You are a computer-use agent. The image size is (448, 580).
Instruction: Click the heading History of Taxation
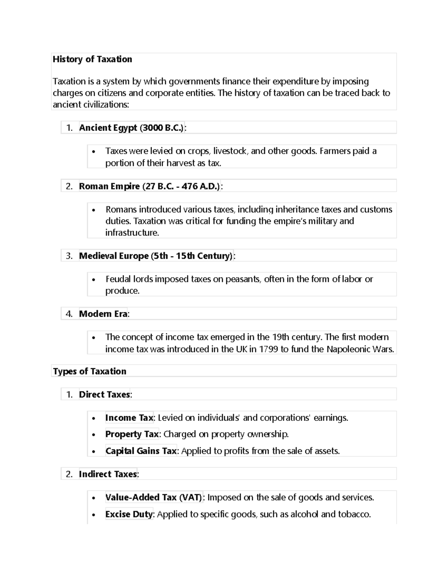pyautogui.click(x=92, y=59)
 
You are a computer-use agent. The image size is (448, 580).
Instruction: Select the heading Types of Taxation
pyautogui.click(x=90, y=371)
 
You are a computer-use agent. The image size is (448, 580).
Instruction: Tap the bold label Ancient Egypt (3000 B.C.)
pyautogui.click(x=132, y=128)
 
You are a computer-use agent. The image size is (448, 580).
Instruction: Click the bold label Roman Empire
pyautogui.click(x=109, y=186)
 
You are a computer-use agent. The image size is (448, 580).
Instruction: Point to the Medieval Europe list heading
pyautogui.click(x=156, y=256)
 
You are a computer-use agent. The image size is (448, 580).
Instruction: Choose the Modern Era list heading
pyautogui.click(x=103, y=314)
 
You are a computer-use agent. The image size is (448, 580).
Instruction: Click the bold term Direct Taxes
pyautogui.click(x=105, y=394)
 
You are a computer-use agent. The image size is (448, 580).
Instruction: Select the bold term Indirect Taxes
pyautogui.click(x=108, y=474)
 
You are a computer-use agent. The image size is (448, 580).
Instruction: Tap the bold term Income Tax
pyautogui.click(x=129, y=418)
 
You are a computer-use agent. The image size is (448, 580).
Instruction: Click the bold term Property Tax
pyautogui.click(x=132, y=434)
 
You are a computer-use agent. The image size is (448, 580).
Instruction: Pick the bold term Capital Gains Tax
pyautogui.click(x=141, y=451)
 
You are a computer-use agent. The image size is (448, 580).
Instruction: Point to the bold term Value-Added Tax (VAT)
pyautogui.click(x=153, y=497)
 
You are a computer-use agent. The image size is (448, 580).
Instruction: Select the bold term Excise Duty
pyautogui.click(x=129, y=514)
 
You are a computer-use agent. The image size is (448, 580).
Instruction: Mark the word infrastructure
pyautogui.click(x=132, y=233)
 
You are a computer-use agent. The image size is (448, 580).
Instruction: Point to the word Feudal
pyautogui.click(x=119, y=279)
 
